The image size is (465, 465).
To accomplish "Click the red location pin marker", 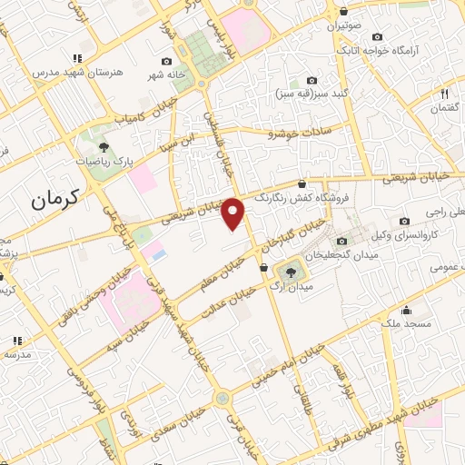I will (x=234, y=213).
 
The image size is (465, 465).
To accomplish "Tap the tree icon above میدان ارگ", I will (x=292, y=271).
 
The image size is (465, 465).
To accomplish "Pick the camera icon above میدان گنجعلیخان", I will (x=341, y=241).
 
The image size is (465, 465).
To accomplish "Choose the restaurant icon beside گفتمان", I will (x=445, y=93).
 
